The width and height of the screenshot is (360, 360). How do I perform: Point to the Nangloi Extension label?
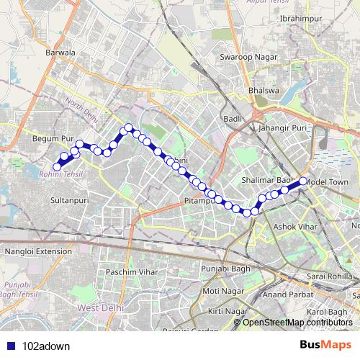[39, 251]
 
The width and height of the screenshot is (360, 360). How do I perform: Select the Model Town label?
[327, 182]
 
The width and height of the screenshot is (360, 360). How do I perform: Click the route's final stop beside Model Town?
[303, 181]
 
